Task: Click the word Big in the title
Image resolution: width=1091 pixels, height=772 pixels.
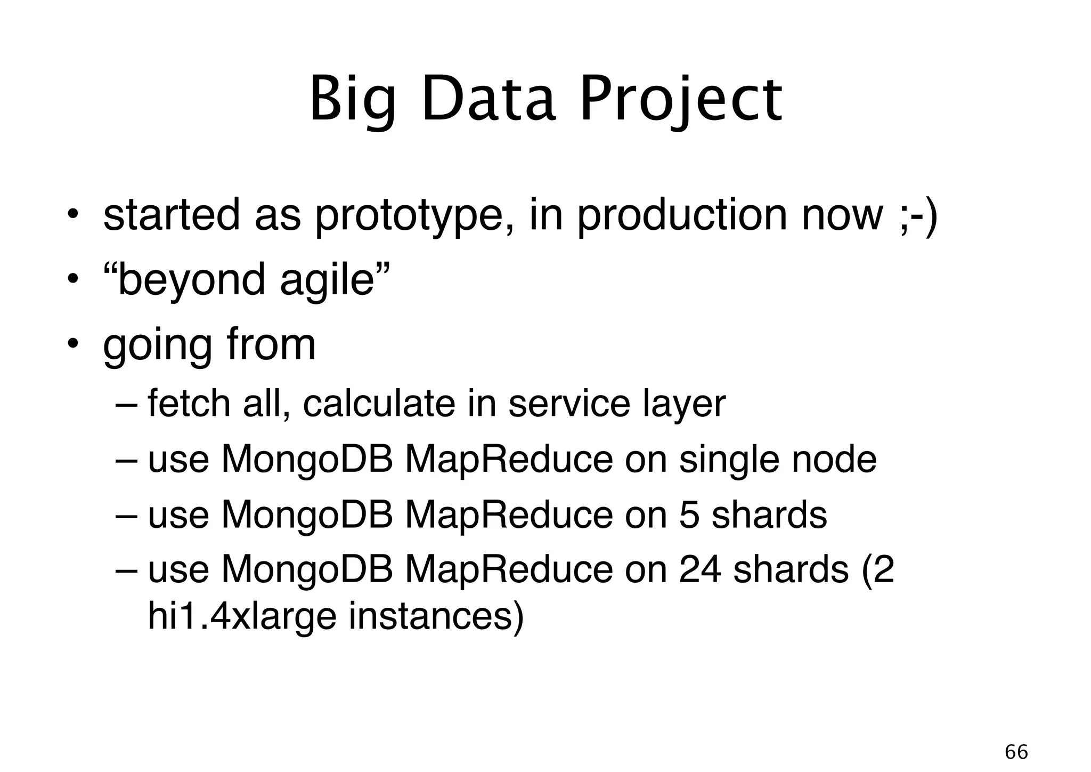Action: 353,100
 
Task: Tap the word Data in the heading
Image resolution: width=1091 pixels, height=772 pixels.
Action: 488,100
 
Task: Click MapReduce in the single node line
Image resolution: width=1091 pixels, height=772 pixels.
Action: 508,459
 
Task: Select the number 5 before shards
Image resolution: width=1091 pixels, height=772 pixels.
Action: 689,514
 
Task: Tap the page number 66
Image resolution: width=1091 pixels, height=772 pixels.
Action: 1016,752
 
